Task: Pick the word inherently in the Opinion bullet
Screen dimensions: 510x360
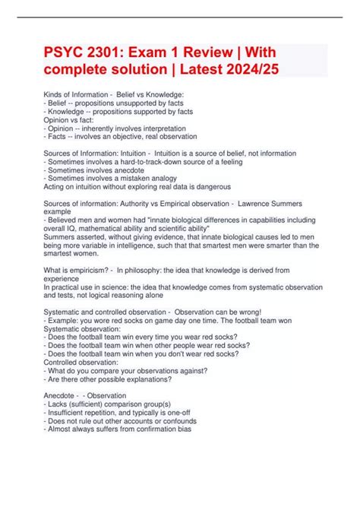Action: pyautogui.click(x=95, y=128)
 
